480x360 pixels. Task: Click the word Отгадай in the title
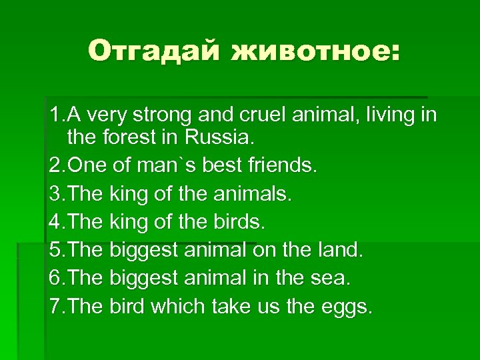coord(153,50)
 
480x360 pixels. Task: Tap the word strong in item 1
coord(164,115)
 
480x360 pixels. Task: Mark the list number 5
coord(55,251)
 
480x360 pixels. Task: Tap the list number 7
coord(55,307)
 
